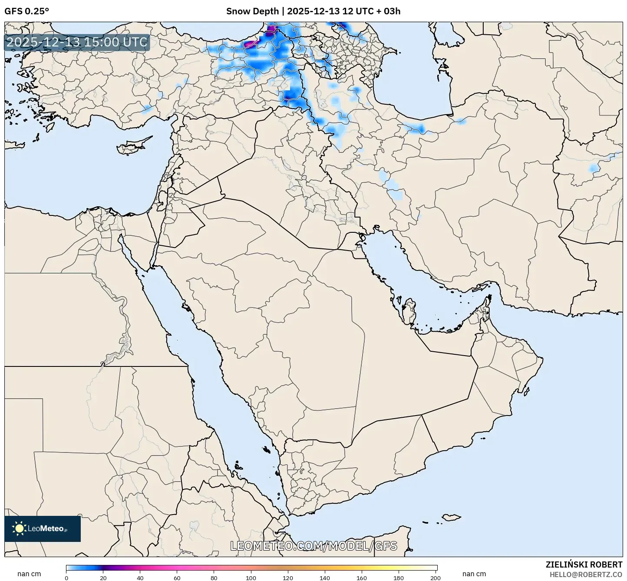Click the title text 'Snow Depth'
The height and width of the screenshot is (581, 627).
(x=252, y=11)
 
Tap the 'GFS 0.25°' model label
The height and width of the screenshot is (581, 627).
(x=26, y=11)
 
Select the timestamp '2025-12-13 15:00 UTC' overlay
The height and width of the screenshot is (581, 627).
(x=77, y=42)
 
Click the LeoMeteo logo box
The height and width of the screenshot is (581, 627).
(x=43, y=528)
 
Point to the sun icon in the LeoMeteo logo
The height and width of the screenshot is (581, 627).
(x=19, y=528)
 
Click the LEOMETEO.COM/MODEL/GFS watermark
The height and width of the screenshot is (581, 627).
(x=313, y=546)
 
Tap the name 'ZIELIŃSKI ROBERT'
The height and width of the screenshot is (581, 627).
(x=584, y=564)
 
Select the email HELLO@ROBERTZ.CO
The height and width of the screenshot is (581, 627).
(x=586, y=574)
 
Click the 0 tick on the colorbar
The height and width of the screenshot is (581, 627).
(x=66, y=578)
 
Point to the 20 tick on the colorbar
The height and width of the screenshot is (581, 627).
(x=103, y=578)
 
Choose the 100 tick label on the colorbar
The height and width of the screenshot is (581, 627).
(x=251, y=578)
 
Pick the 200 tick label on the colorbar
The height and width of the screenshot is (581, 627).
(x=436, y=578)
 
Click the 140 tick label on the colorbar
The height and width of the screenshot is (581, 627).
(x=325, y=578)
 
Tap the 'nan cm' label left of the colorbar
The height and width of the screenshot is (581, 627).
(x=29, y=574)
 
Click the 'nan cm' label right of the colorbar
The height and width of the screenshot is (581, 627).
(x=474, y=574)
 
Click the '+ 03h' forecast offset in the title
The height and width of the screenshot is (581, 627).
(x=389, y=11)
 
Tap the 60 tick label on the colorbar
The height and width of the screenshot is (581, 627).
(x=177, y=578)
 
